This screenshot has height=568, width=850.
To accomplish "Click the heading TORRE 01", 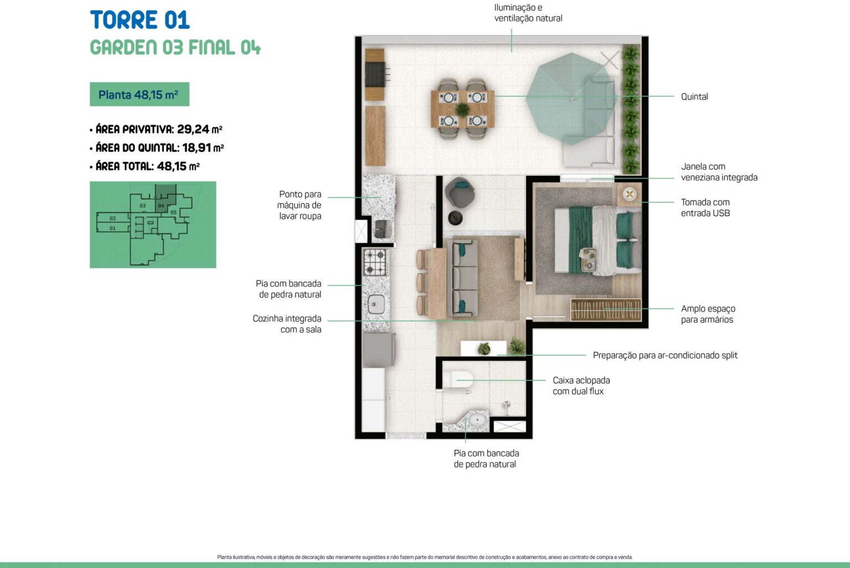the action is pos(139,20).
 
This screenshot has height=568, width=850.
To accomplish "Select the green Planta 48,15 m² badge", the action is pos(139,95).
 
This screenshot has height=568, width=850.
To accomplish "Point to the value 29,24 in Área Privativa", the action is pos(193,129).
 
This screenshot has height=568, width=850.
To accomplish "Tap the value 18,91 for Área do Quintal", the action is pos(196,148).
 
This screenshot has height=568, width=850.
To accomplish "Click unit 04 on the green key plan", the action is pos(161,206).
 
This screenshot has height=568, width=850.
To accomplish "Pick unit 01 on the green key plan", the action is pos(113,228).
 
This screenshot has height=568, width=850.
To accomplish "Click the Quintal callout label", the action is pos(694,97).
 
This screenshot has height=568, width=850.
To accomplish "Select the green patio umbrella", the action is pos(571,98).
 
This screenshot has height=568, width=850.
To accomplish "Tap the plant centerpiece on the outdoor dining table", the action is pos(462,110).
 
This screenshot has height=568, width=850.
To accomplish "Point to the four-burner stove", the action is pos(375,262).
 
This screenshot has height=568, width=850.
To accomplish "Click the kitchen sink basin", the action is pos(376,304).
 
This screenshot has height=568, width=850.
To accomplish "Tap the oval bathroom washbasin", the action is pos(477,420).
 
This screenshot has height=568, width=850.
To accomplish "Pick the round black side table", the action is pos(455,218).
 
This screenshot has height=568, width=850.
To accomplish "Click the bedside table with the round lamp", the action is pos(629,194).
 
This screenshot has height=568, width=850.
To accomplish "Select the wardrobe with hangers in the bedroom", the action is pos(606,310).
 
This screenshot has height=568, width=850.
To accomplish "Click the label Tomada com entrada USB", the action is pos(705,207).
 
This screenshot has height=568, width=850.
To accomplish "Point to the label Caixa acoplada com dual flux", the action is pos(581,385).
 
